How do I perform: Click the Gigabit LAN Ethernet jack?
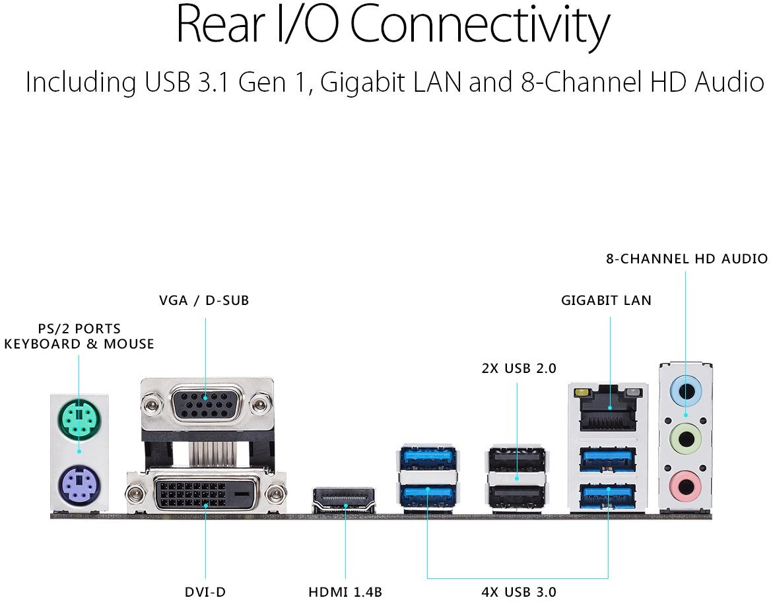click(608, 409)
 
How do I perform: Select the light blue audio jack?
click(687, 391)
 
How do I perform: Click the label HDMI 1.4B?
click(345, 592)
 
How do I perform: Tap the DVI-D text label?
click(205, 592)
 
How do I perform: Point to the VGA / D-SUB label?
click(204, 300)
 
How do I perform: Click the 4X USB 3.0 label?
click(519, 592)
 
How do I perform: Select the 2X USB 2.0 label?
click(519, 368)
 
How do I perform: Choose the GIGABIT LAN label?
click(606, 300)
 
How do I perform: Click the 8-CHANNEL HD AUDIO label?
click(687, 259)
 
